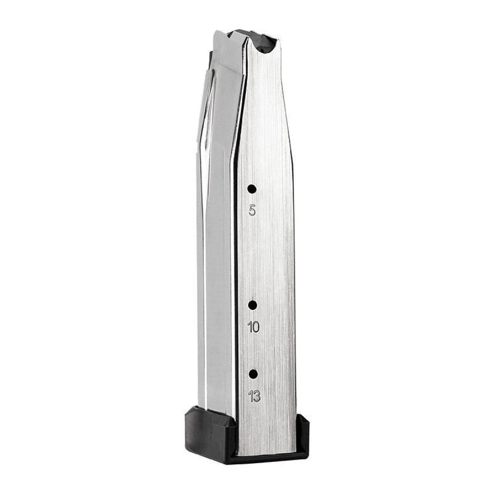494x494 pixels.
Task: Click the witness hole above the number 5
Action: tap(252, 189)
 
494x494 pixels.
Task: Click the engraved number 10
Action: tap(254, 327)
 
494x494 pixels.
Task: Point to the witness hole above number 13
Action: tap(253, 374)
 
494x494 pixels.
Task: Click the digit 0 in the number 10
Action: tap(256, 327)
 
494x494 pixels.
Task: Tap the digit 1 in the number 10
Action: tap(250, 327)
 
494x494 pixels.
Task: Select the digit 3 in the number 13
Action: tap(257, 396)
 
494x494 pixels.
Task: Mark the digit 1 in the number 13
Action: tap(251, 396)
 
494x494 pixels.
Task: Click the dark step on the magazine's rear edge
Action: tap(210, 58)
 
